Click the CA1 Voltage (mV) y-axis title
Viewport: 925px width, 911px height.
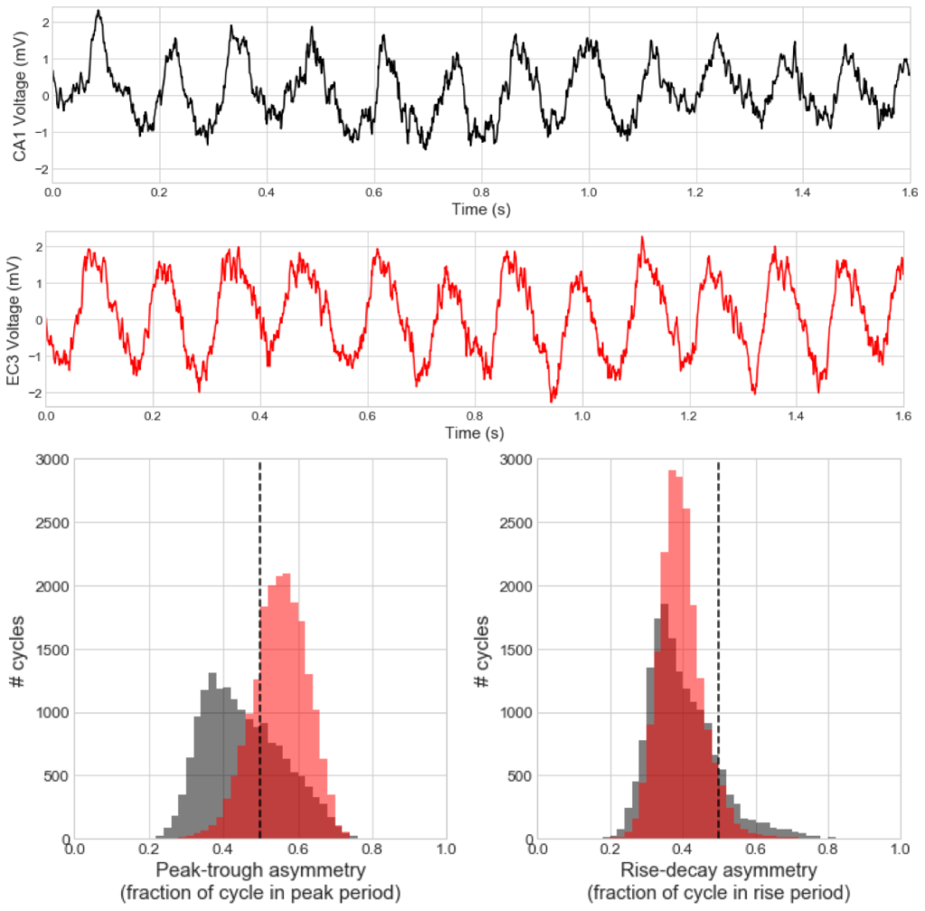pos(19,94)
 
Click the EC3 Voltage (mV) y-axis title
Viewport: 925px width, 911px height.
pos(13,320)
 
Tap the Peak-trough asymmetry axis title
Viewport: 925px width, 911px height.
pos(261,871)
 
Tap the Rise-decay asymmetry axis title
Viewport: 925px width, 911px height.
pos(720,871)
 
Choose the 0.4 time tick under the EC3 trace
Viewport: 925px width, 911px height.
pos(368,418)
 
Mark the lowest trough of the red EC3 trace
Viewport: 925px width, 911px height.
pos(553,399)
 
